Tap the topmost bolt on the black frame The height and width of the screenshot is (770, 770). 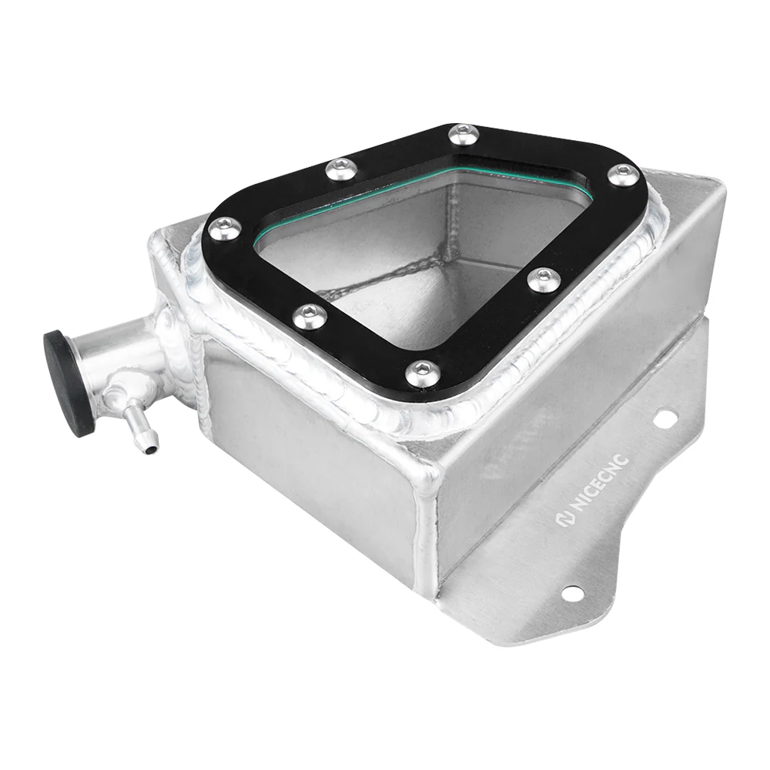tap(464, 134)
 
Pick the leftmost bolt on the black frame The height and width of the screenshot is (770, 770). tap(224, 229)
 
